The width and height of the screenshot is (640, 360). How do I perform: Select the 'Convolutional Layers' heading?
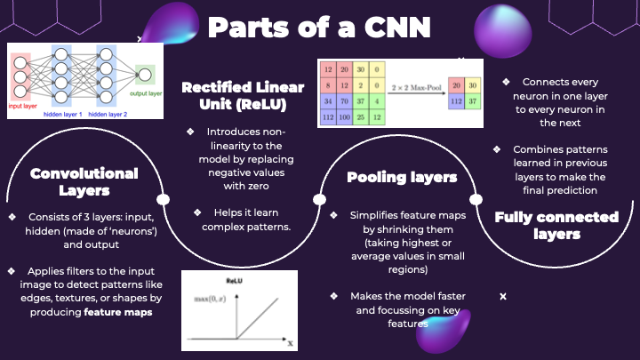84,182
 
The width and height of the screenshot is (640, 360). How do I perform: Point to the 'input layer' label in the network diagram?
25,104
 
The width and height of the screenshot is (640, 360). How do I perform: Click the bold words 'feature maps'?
118,312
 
